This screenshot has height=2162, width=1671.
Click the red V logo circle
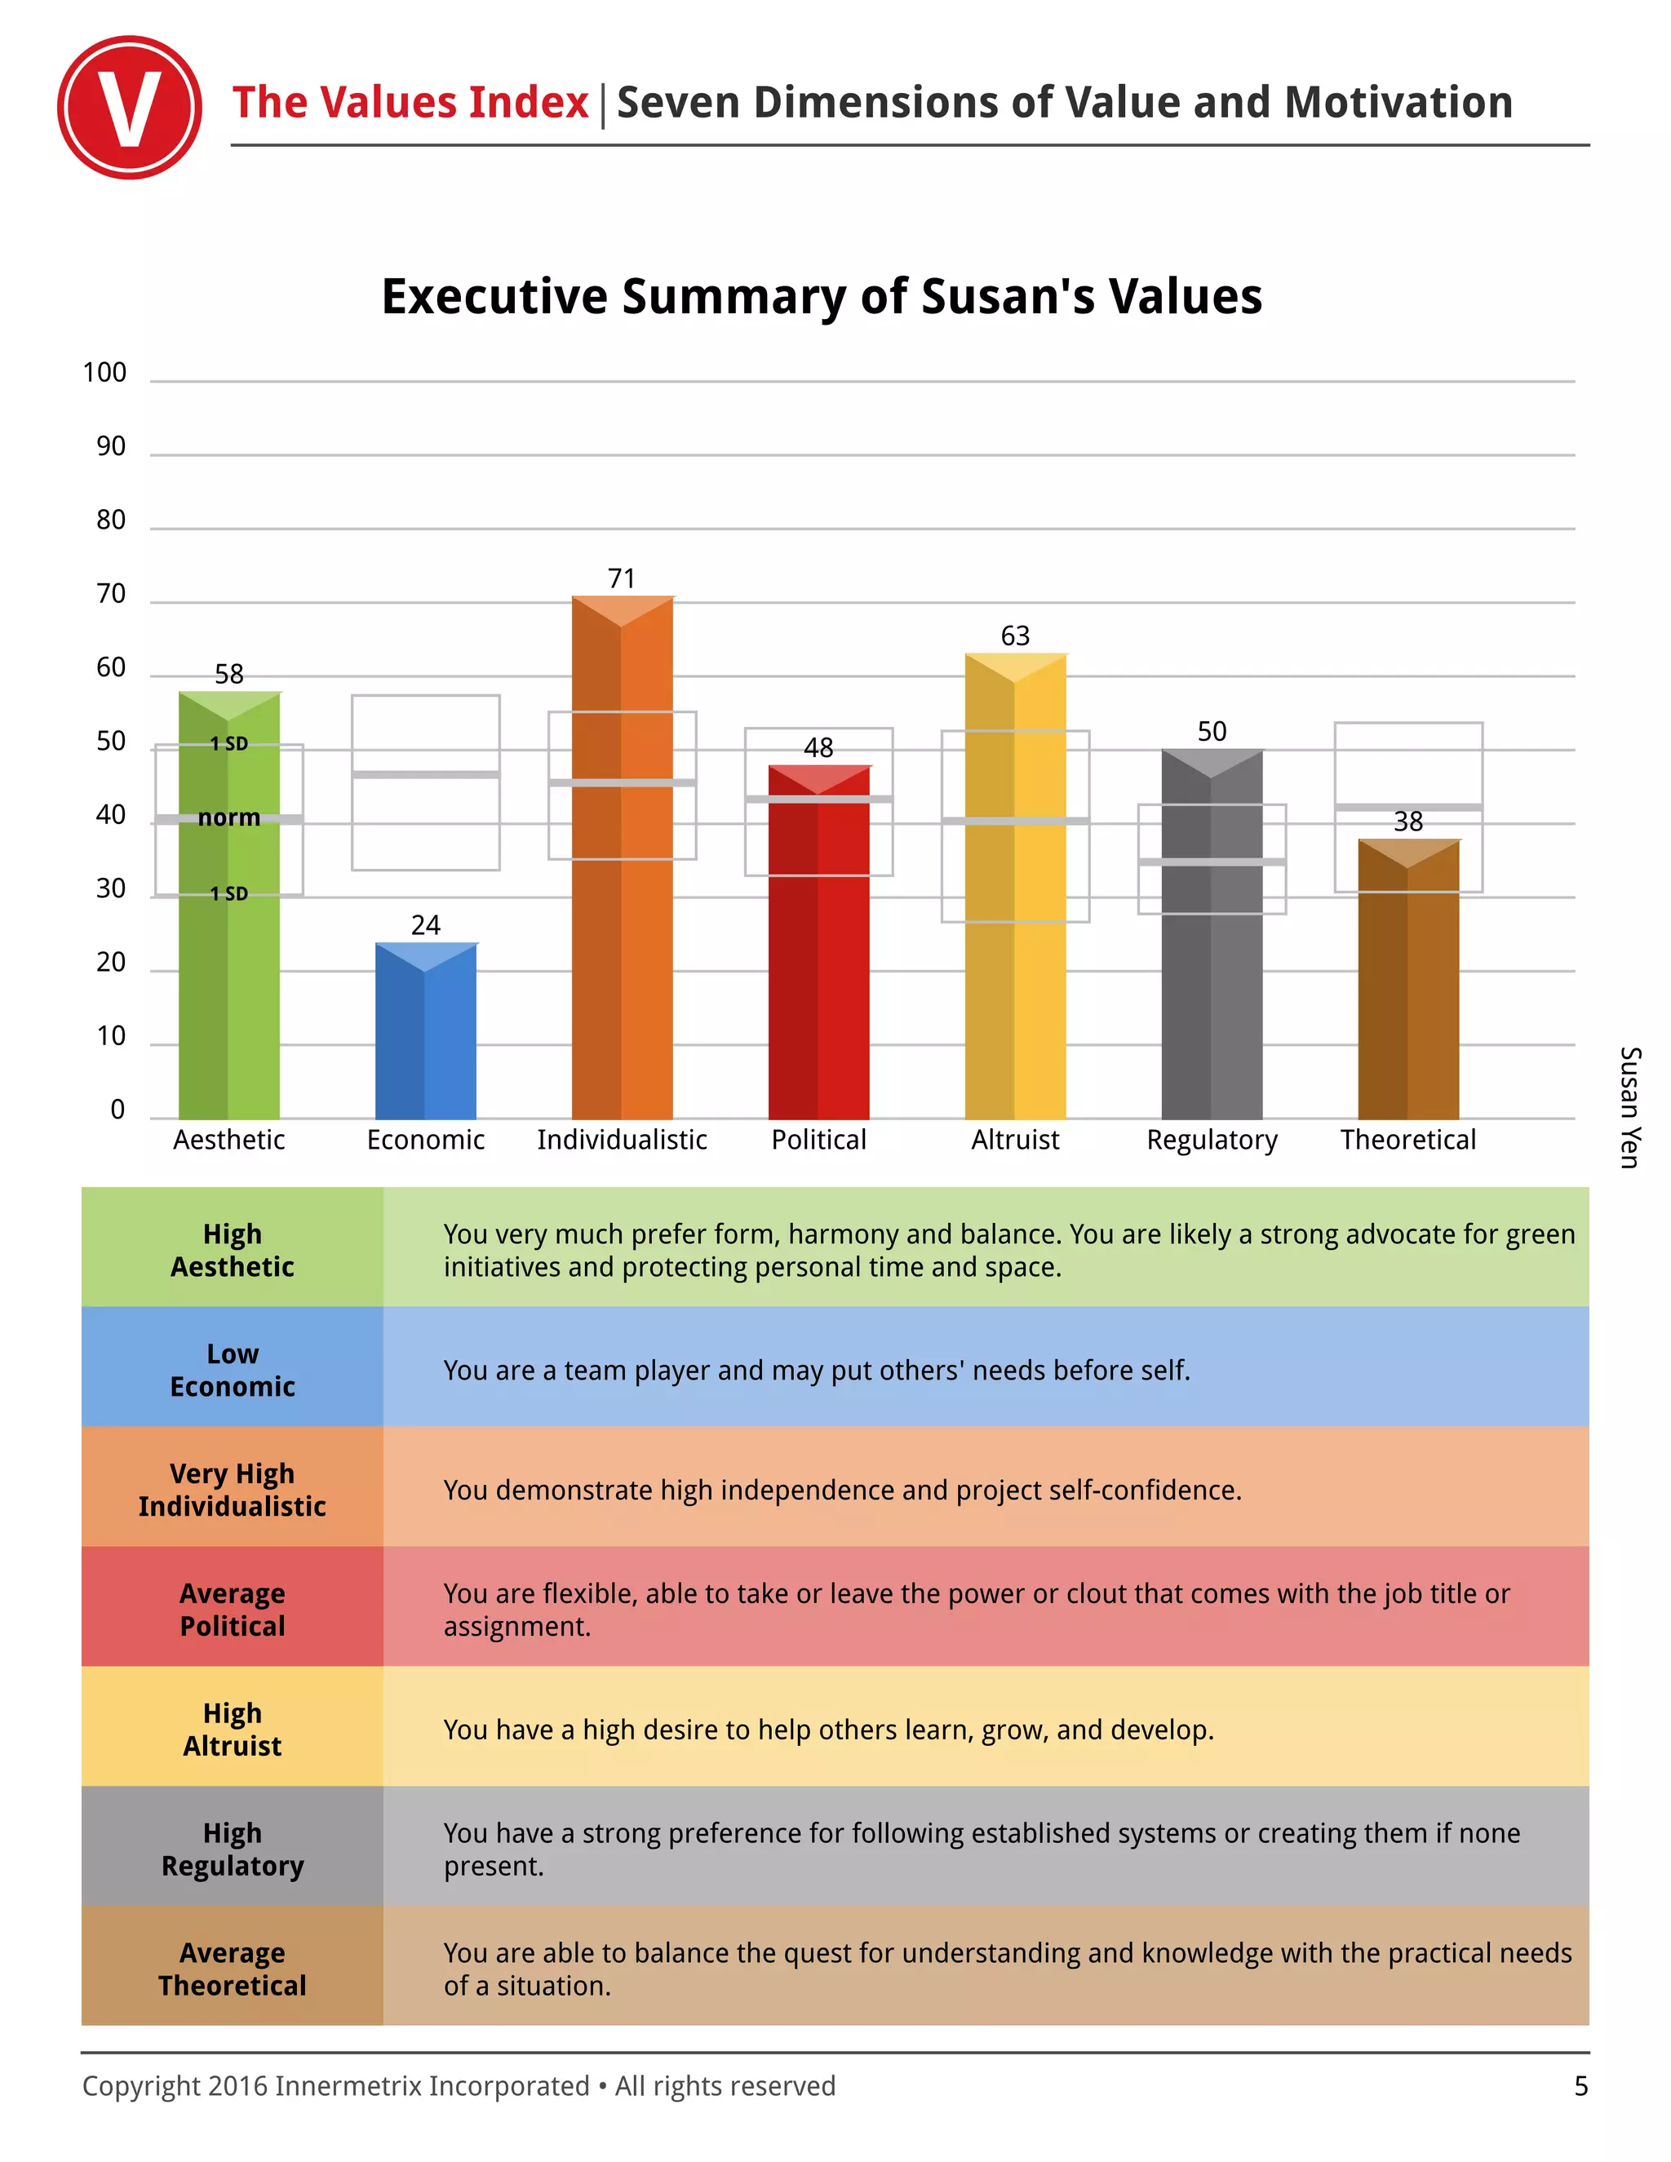pos(130,107)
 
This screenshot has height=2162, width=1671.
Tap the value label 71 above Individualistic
pos(621,578)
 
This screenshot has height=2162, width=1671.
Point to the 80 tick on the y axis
pos(111,521)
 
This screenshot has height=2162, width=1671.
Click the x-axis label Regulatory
pos(1212,1140)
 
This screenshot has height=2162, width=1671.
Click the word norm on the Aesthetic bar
pos(228,817)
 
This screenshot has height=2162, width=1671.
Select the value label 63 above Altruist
pos(1015,636)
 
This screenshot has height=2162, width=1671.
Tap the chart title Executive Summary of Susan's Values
pos(822,296)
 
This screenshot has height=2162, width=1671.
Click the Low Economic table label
pos(232,1369)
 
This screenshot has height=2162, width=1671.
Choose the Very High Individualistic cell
pos(232,1489)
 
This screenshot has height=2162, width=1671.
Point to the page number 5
pos(1580,2086)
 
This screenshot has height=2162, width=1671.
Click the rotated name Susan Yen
pos(1629,1107)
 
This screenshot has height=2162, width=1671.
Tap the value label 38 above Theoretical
pos(1407,821)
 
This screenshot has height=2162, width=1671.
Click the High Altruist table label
pos(232,1729)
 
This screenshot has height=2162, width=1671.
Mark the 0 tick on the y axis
pos(117,1110)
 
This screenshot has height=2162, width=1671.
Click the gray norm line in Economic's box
pos(426,774)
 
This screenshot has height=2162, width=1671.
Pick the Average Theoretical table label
pos(232,1968)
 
